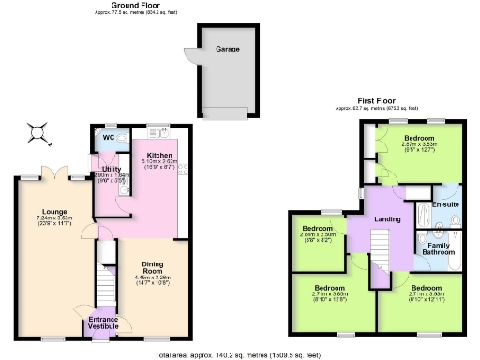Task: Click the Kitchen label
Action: coord(155,154)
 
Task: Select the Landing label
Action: coord(387,219)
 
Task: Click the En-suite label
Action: coord(444,203)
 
